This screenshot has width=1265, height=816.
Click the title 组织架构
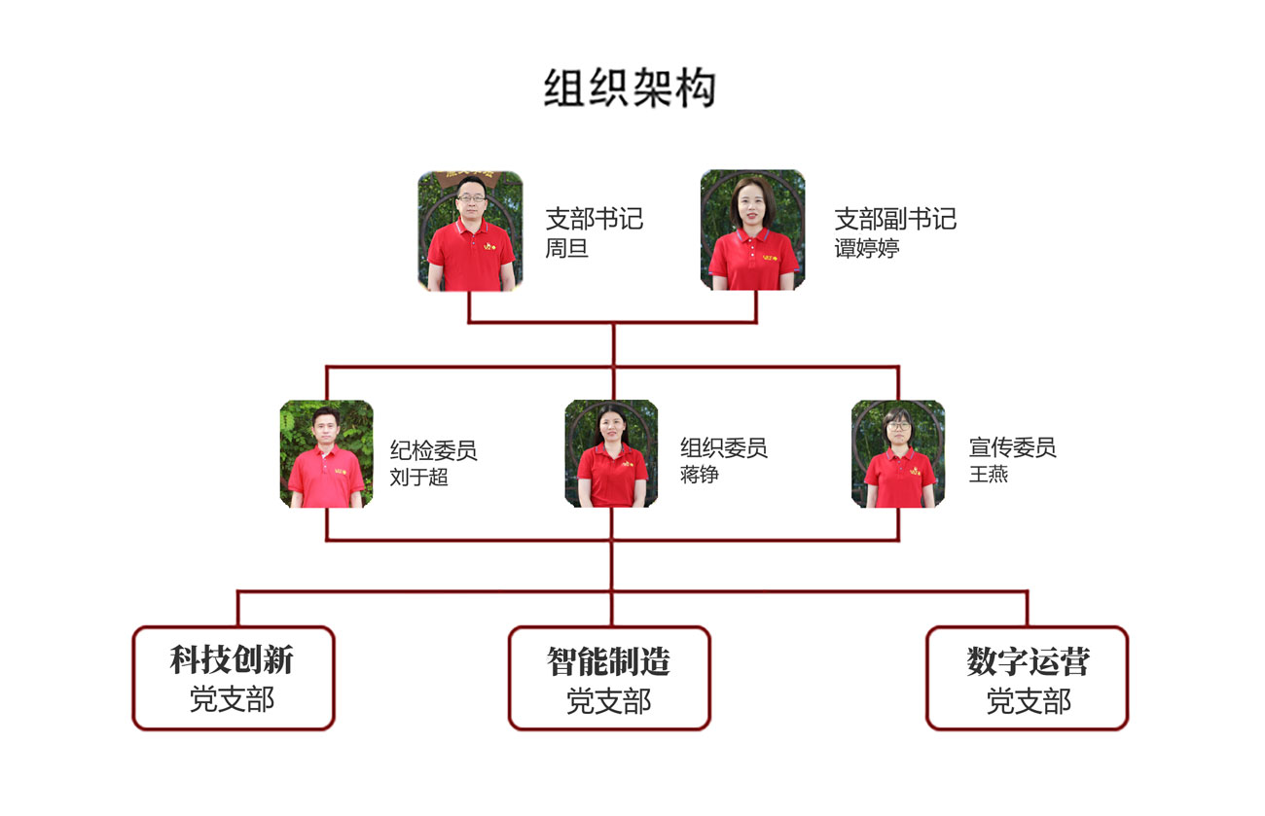click(630, 89)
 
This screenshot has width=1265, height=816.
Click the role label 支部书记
click(594, 219)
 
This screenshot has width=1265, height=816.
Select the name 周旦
click(566, 248)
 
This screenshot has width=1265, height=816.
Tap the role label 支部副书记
click(895, 219)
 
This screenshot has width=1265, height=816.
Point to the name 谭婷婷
click(866, 248)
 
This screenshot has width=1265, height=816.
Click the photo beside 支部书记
click(470, 231)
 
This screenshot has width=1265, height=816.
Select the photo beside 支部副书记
click(752, 231)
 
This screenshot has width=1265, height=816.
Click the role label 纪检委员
click(433, 449)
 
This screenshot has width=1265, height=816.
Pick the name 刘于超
click(418, 477)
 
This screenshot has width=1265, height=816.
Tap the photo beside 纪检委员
click(326, 453)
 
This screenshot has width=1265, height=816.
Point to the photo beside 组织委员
click(611, 453)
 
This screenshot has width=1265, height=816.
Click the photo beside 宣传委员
click(898, 453)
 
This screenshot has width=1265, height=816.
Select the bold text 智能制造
click(608, 662)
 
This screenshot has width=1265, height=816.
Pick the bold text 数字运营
click(1028, 662)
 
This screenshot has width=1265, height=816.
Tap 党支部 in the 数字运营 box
click(1028, 700)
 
